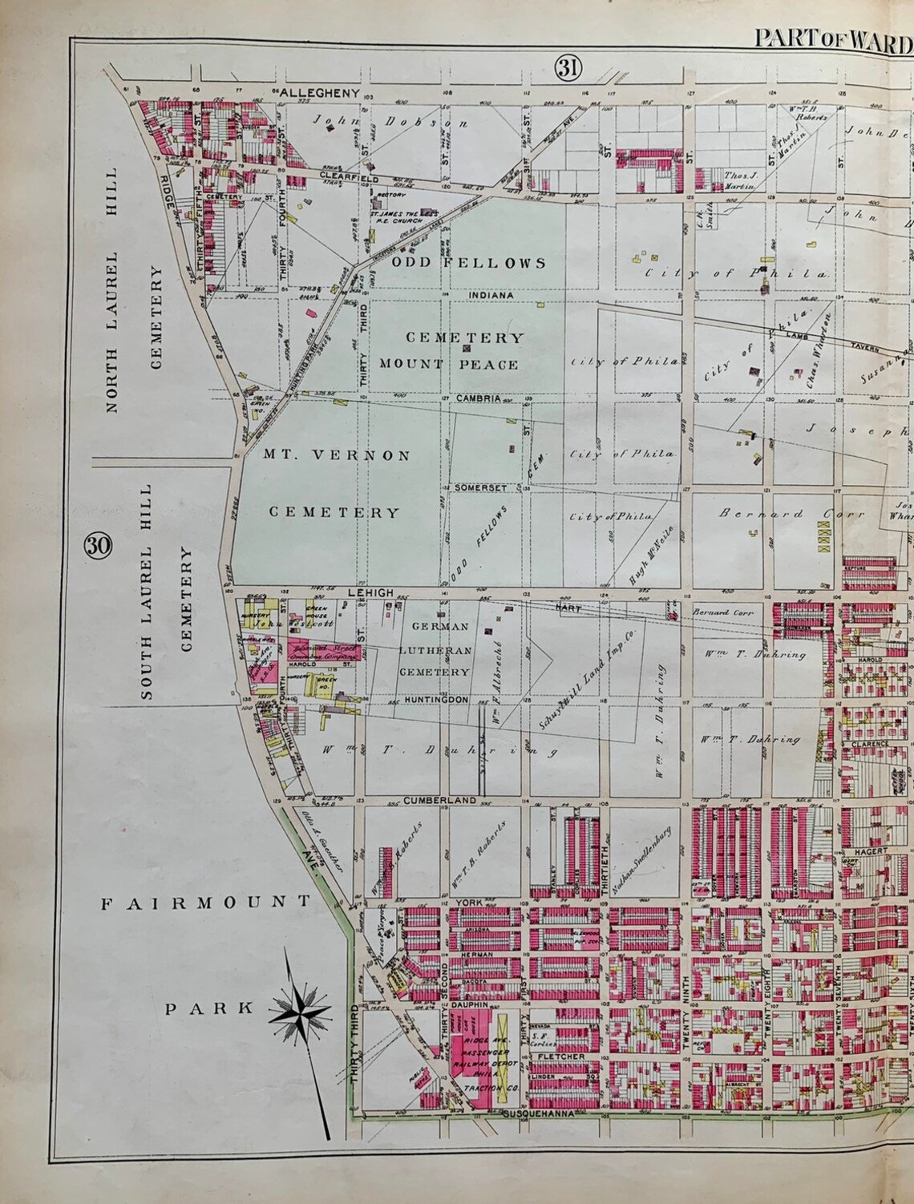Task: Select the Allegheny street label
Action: tap(316, 93)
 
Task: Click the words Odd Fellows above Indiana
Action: tap(469, 263)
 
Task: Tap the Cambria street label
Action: tap(479, 398)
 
